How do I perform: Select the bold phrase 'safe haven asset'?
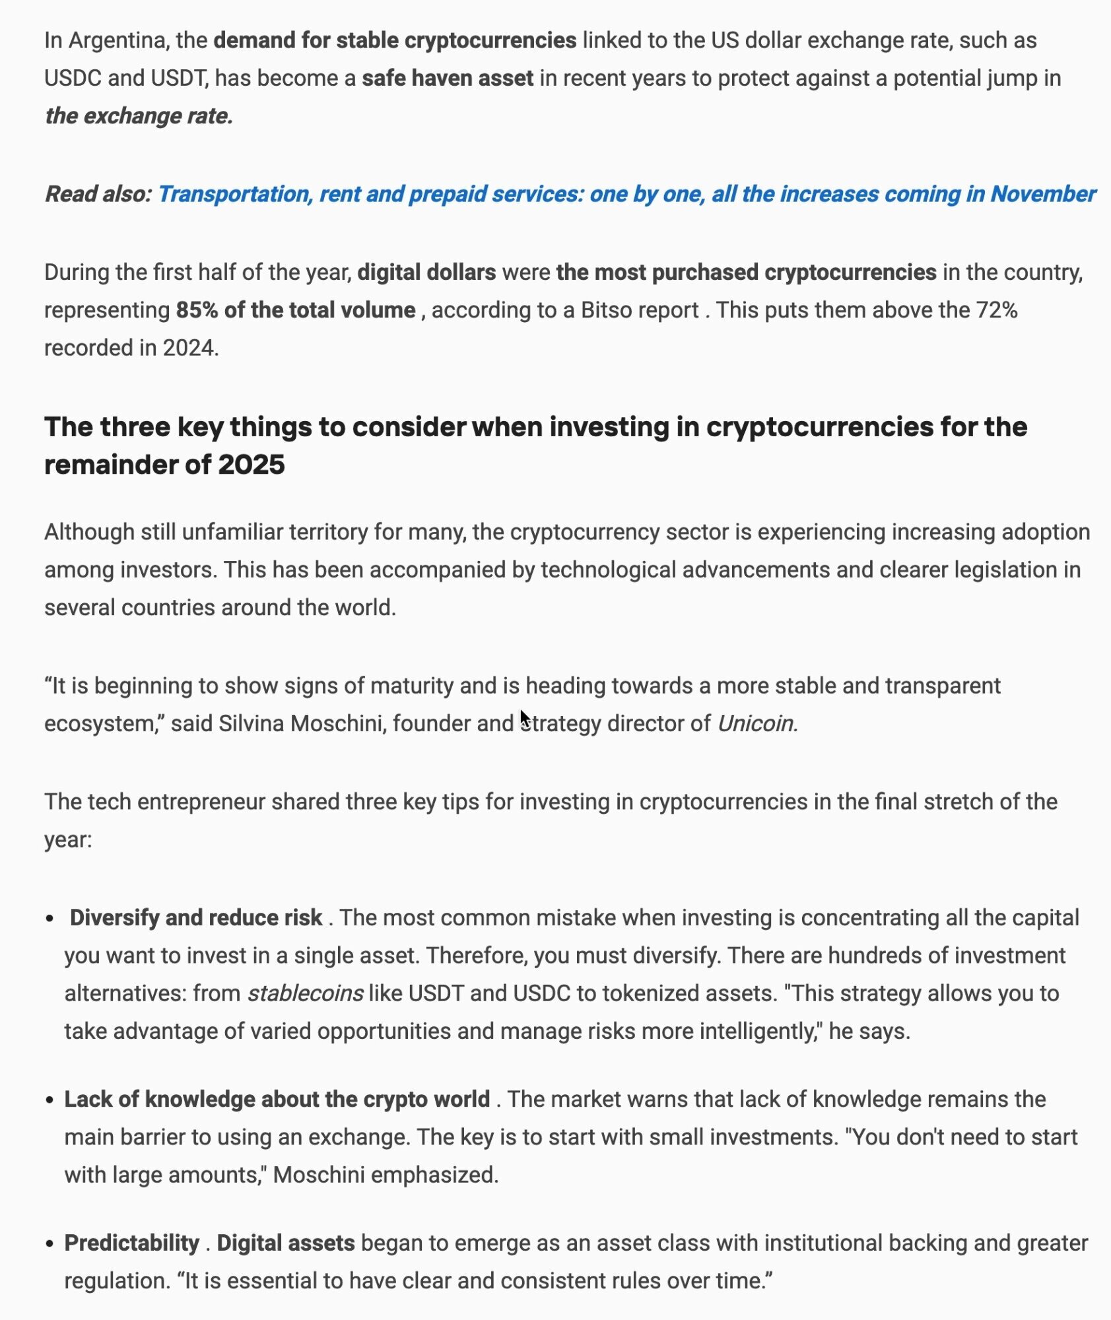click(x=448, y=79)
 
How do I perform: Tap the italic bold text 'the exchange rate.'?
click(x=139, y=116)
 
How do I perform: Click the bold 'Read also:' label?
click(x=98, y=194)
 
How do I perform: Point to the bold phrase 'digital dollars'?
click(x=426, y=273)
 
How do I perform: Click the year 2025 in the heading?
click(x=251, y=465)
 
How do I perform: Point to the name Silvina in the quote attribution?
click(x=252, y=724)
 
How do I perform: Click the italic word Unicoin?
click(x=757, y=724)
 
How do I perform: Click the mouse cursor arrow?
click(x=524, y=718)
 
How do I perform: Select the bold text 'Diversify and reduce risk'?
click(x=196, y=918)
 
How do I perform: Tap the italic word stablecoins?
click(x=305, y=994)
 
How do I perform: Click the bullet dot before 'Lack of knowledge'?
click(x=50, y=1101)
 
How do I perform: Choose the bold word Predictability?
click(x=131, y=1243)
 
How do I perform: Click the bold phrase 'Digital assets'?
click(x=285, y=1243)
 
